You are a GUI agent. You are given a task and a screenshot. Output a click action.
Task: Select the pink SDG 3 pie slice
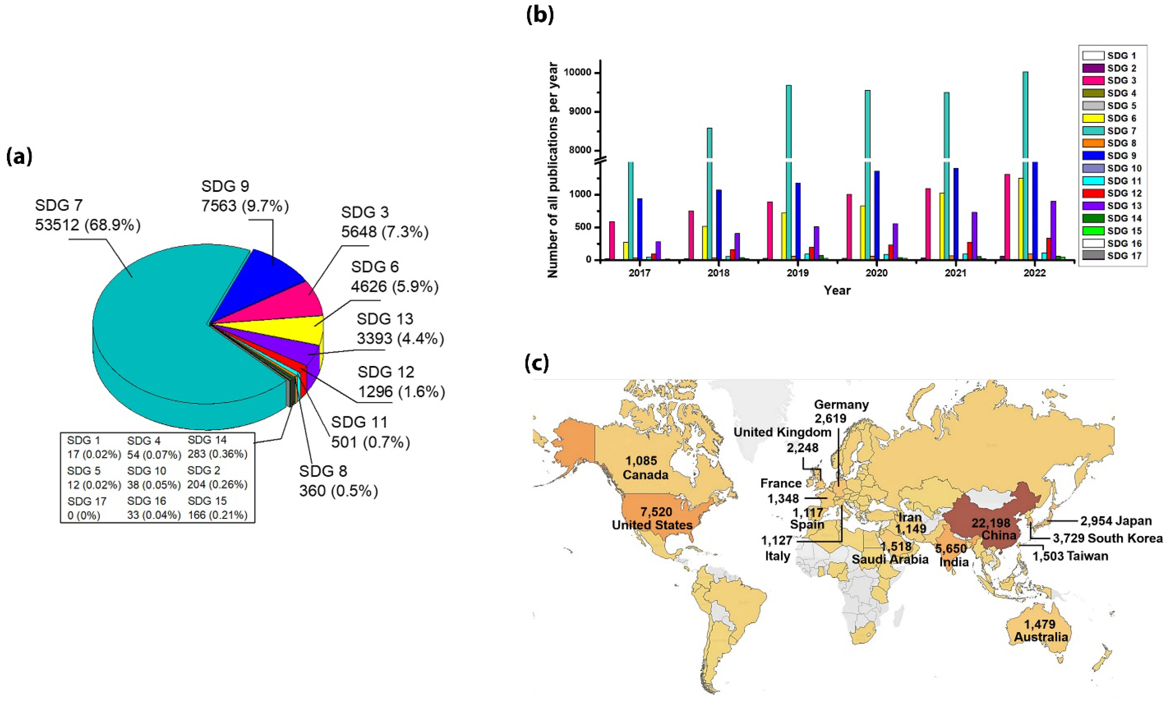pyautogui.click(x=303, y=301)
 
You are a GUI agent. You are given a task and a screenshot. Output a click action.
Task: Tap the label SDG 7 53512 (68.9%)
pyautogui.click(x=88, y=215)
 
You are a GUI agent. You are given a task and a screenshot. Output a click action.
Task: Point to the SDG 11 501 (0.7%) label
pyautogui.click(x=370, y=432)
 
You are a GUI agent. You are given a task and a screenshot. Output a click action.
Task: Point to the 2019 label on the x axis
pyautogui.click(x=798, y=273)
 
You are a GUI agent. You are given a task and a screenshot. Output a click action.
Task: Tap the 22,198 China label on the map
pyautogui.click(x=998, y=529)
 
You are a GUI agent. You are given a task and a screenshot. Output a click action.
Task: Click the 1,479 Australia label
pyautogui.click(x=1040, y=630)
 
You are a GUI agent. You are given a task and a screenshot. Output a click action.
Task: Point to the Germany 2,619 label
pyautogui.click(x=841, y=411)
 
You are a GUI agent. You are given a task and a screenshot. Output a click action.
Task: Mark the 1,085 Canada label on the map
pyautogui.click(x=644, y=468)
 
